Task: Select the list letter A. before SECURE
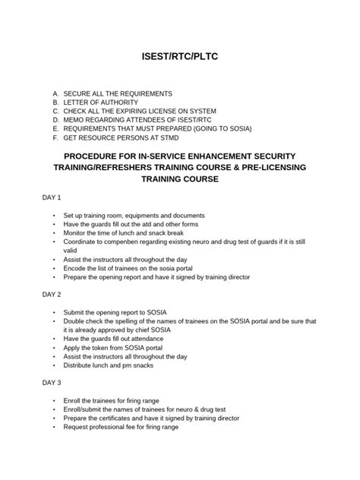[55, 93]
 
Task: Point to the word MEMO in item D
[74, 120]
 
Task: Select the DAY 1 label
[52, 198]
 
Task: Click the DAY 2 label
[52, 293]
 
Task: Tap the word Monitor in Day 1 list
[78, 233]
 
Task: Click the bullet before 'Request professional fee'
[55, 427]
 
